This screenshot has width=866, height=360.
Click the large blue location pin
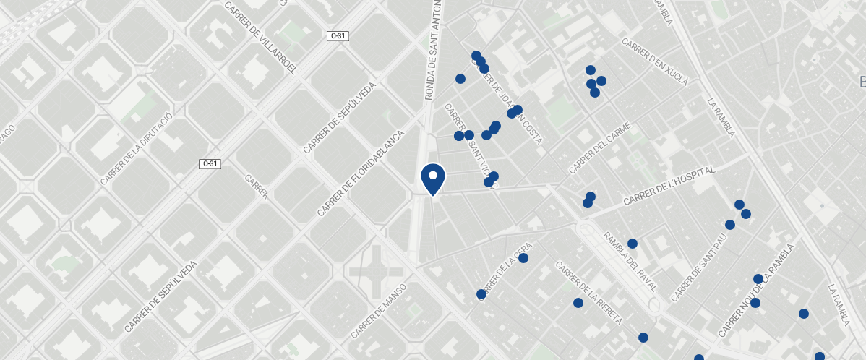(432, 178)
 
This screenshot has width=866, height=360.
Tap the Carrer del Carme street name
(600, 148)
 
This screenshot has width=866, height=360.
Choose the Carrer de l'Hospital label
(669, 185)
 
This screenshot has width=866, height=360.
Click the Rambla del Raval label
(630, 261)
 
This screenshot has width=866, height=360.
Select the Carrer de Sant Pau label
(698, 267)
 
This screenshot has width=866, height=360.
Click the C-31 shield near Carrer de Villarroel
(338, 36)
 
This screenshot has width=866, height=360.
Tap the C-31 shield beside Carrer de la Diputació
(210, 163)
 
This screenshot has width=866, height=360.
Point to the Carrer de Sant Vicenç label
(468, 145)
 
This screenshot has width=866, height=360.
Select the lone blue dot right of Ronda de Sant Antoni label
(460, 78)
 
